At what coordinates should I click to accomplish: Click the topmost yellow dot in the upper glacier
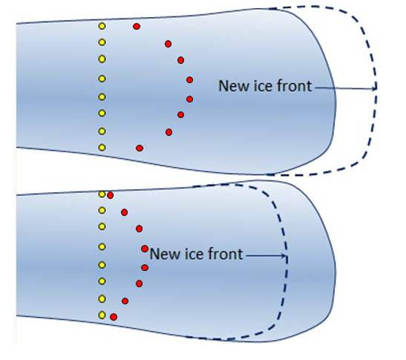tap(102, 26)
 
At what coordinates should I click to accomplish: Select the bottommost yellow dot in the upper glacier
tap(102, 148)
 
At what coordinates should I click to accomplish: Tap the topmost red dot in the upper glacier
tap(137, 27)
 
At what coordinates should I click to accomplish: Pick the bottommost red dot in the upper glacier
tap(140, 148)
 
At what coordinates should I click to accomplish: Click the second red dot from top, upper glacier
tap(168, 44)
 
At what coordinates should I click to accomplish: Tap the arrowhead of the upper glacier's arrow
tap(374, 88)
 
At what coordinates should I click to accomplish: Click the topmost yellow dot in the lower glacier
tap(102, 194)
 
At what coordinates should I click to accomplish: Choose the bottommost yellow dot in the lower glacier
tap(102, 315)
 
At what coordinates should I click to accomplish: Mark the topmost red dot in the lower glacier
tap(111, 195)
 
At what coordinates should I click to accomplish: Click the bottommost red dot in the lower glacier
tap(114, 317)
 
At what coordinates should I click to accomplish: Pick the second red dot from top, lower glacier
tap(124, 212)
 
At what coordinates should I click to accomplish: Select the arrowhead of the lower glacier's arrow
tap(284, 256)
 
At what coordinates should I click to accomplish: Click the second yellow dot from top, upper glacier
tap(102, 42)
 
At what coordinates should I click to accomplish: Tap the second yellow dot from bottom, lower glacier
tap(102, 299)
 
